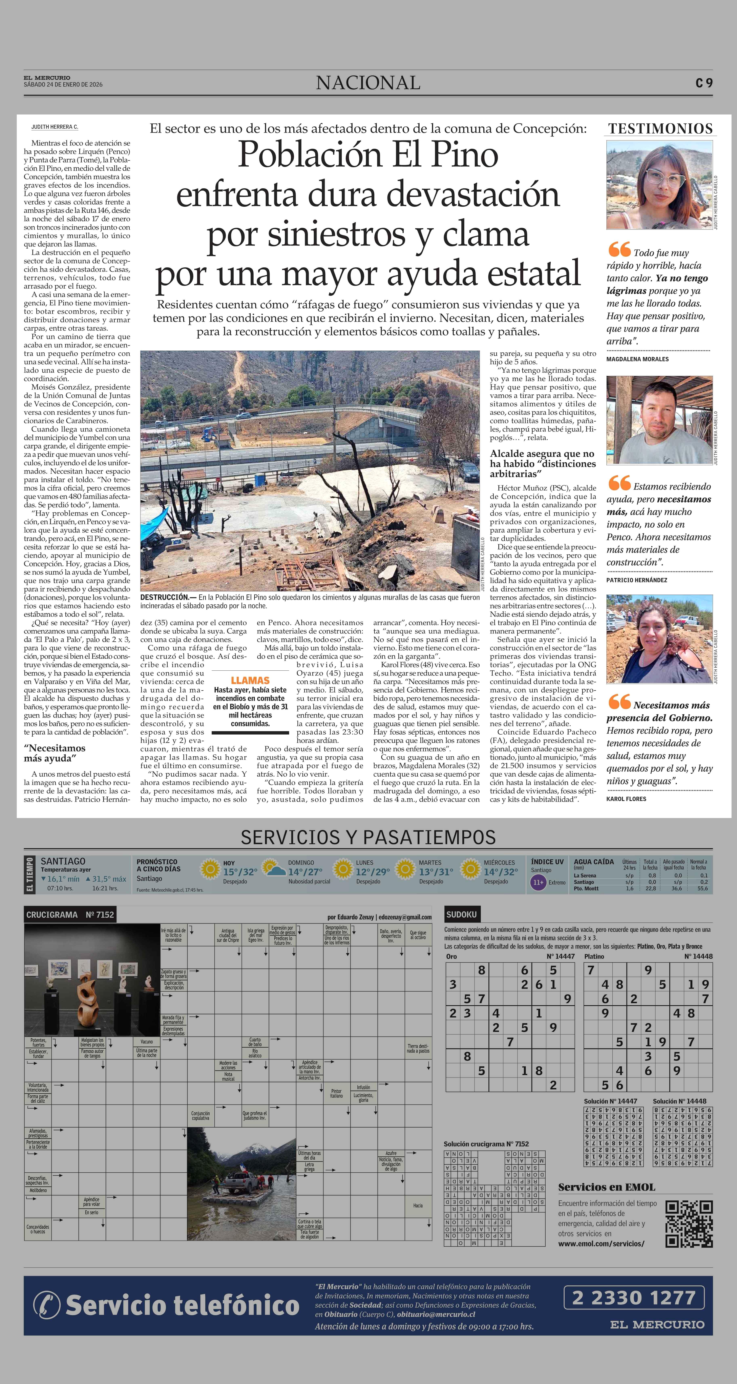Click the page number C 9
(704, 83)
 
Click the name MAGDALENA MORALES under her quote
(638, 359)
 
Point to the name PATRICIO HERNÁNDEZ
(637, 580)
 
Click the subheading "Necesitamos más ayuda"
(54, 753)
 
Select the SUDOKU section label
(461, 915)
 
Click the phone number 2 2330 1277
(634, 1298)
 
